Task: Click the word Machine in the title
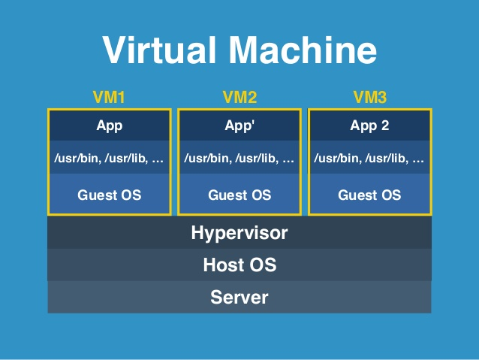(x=304, y=50)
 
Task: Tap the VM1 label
(x=110, y=97)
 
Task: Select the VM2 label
(x=239, y=97)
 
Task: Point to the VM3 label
(x=369, y=97)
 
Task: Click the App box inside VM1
(x=110, y=126)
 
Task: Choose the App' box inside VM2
(x=239, y=126)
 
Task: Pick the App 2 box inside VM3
(x=369, y=126)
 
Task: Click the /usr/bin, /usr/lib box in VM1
(x=110, y=159)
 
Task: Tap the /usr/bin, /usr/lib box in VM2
(x=239, y=159)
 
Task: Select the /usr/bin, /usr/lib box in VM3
(x=369, y=159)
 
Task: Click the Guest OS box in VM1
(x=110, y=195)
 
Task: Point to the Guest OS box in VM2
(x=239, y=195)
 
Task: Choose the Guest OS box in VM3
(x=369, y=195)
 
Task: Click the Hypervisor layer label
(x=239, y=233)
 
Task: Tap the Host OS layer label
(x=239, y=265)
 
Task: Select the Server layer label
(x=239, y=297)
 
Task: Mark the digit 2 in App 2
(x=384, y=126)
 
